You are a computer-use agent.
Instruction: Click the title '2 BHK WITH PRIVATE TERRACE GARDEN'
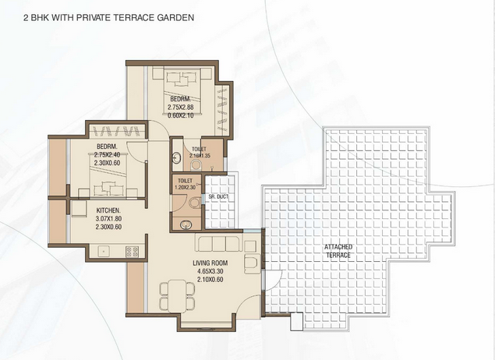coord(98,16)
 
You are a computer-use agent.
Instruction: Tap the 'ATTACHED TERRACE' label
coord(338,250)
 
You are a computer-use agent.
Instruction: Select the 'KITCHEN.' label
coord(108,210)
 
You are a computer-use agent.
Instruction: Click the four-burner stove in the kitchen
coord(129,251)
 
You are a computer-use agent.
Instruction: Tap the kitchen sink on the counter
coord(103,251)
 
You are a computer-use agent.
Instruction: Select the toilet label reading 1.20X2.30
coord(184,183)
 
